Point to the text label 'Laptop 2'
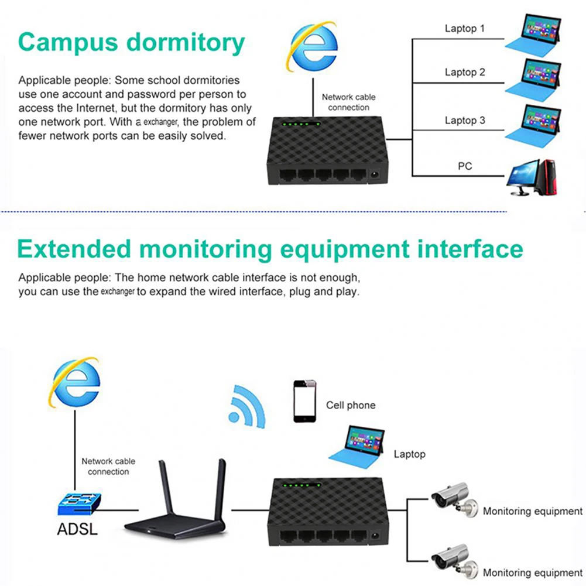coord(465,73)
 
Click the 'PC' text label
coord(465,166)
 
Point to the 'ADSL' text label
coord(77,530)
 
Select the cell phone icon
coord(304,401)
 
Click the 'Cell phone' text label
coord(351,405)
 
